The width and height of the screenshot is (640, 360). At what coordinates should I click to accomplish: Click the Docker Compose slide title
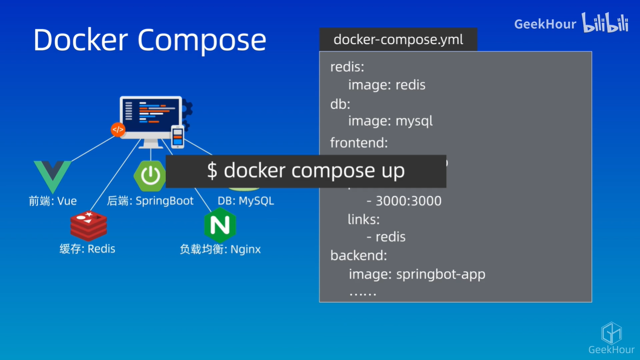pyautogui.click(x=150, y=40)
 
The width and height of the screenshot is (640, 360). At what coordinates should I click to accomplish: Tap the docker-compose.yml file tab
pyautogui.click(x=398, y=40)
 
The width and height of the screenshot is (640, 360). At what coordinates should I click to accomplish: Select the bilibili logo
pyautogui.click(x=605, y=23)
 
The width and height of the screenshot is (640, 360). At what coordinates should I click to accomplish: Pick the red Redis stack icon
pyautogui.click(x=88, y=225)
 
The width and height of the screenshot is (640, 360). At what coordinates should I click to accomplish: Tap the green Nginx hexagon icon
pyautogui.click(x=220, y=225)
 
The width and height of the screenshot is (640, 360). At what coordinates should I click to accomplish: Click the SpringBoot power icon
pyautogui.click(x=150, y=176)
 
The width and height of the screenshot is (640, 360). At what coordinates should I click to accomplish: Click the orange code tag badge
pyautogui.click(x=118, y=130)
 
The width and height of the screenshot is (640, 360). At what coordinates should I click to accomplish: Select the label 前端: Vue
pyautogui.click(x=53, y=201)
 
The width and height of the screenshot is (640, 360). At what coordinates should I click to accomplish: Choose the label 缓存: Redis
pyautogui.click(x=87, y=249)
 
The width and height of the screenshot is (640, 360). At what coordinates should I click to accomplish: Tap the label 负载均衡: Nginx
pyautogui.click(x=220, y=249)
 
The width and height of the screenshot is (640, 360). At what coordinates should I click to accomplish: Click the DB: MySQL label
pyautogui.click(x=245, y=201)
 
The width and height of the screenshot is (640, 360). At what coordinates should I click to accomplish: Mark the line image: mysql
pyautogui.click(x=390, y=121)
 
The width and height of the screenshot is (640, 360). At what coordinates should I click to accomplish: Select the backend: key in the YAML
pyautogui.click(x=358, y=256)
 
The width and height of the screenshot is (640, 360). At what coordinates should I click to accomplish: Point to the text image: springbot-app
pyautogui.click(x=417, y=274)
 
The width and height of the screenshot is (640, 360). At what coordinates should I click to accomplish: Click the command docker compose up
pyautogui.click(x=306, y=171)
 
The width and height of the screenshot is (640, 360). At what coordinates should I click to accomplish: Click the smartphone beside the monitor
pyautogui.click(x=177, y=136)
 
